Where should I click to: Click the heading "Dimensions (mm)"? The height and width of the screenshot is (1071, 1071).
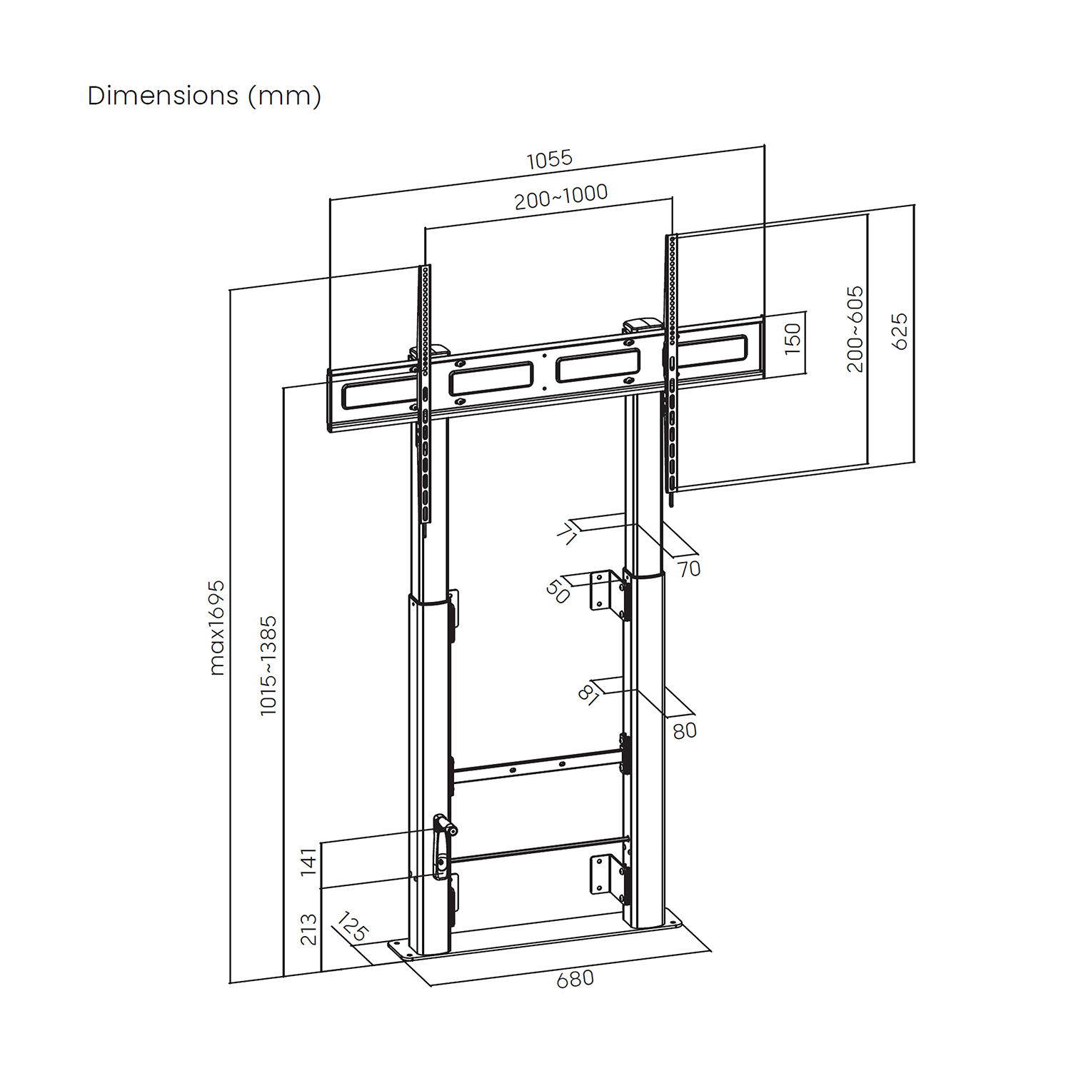click(204, 96)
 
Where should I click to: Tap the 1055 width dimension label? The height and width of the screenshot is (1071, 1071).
click(550, 159)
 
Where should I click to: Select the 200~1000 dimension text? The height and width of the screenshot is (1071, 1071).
click(561, 196)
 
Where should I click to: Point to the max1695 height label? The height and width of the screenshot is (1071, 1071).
click(217, 628)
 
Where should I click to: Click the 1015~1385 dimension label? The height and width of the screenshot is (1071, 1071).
click(268, 665)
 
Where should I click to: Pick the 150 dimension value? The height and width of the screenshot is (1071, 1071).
click(793, 338)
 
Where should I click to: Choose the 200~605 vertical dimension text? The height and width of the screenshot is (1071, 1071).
click(855, 329)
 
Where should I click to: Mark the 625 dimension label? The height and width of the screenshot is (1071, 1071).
click(900, 331)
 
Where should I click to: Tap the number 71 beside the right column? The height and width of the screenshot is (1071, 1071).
click(566, 533)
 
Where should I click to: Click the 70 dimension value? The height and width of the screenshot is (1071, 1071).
click(689, 569)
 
